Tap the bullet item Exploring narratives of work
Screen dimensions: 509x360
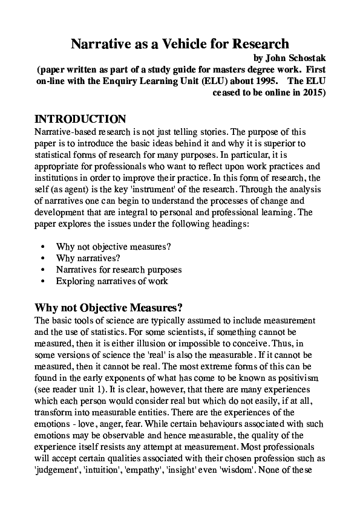[x=112, y=281]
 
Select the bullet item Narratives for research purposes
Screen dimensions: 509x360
[x=119, y=270]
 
